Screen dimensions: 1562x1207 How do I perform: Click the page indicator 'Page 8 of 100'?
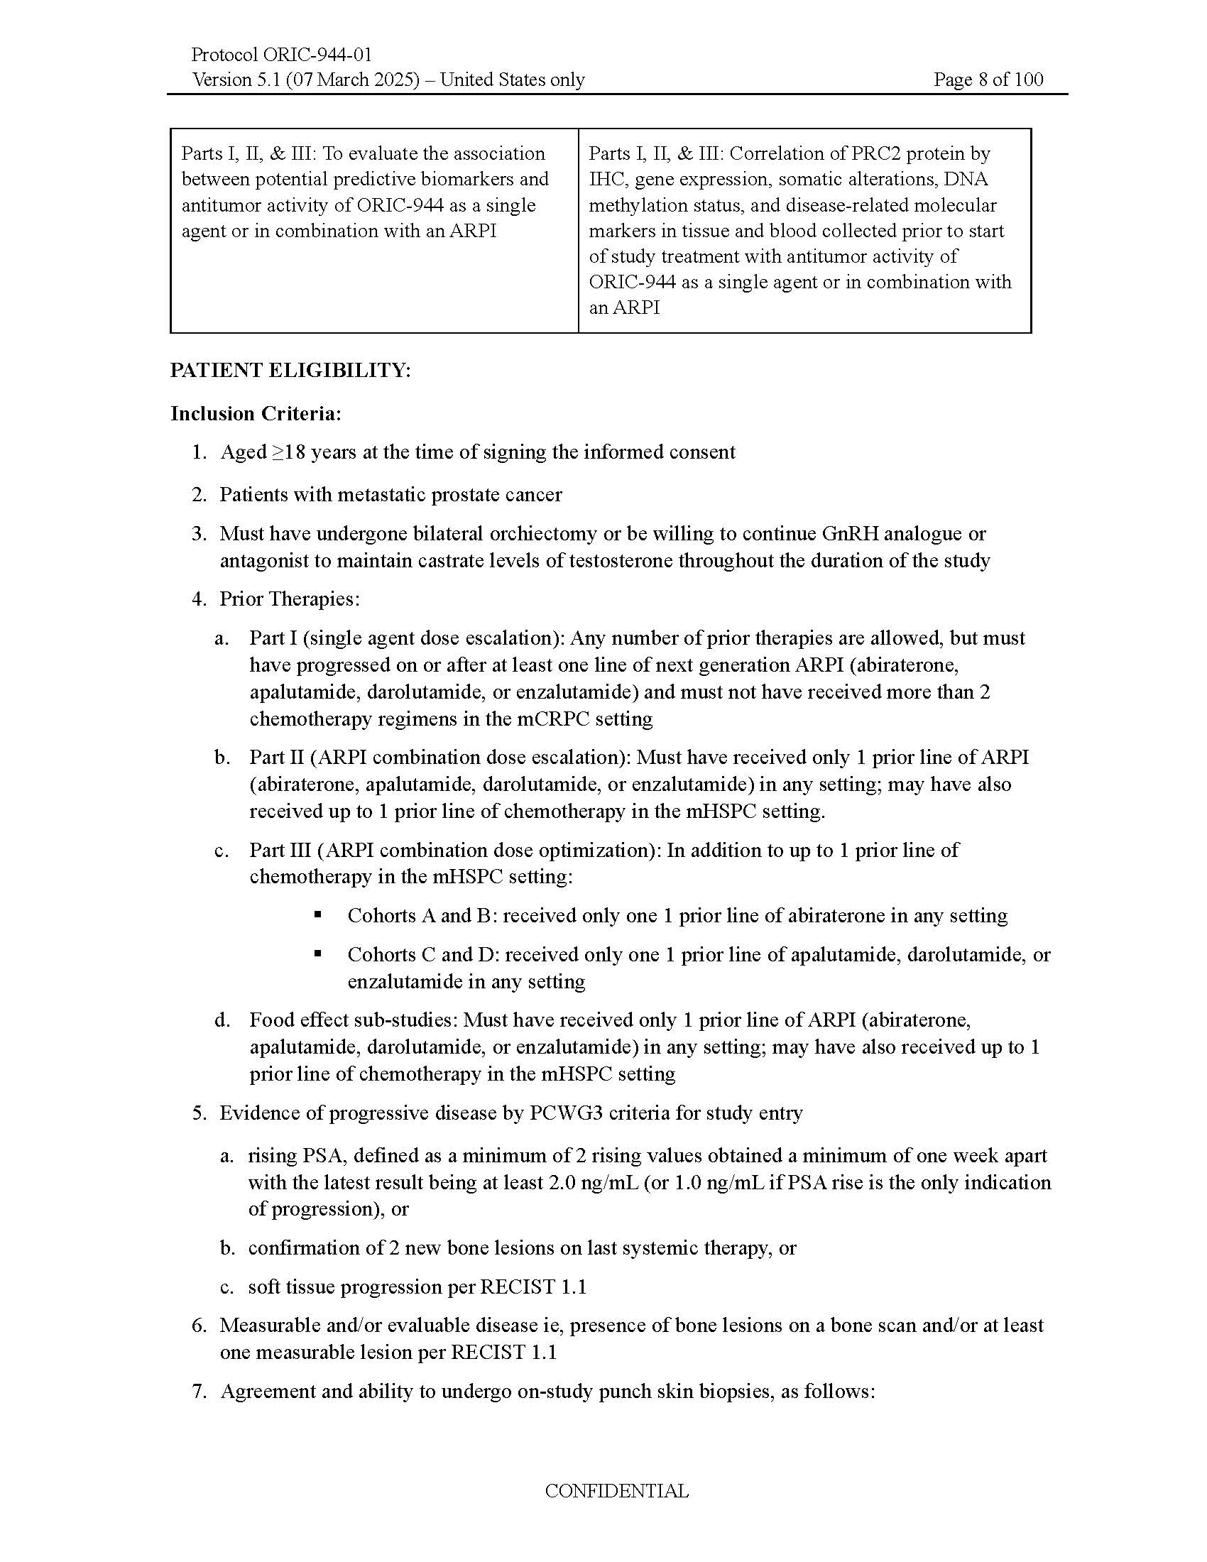(988, 80)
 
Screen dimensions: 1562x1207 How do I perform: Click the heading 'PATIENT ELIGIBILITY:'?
(290, 371)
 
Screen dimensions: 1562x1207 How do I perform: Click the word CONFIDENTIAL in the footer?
(616, 1491)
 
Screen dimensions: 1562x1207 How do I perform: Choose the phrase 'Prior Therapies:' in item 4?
(290, 599)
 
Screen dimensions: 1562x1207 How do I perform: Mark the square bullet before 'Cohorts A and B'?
(317, 914)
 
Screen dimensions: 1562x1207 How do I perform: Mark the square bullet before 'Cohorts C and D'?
(317, 954)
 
